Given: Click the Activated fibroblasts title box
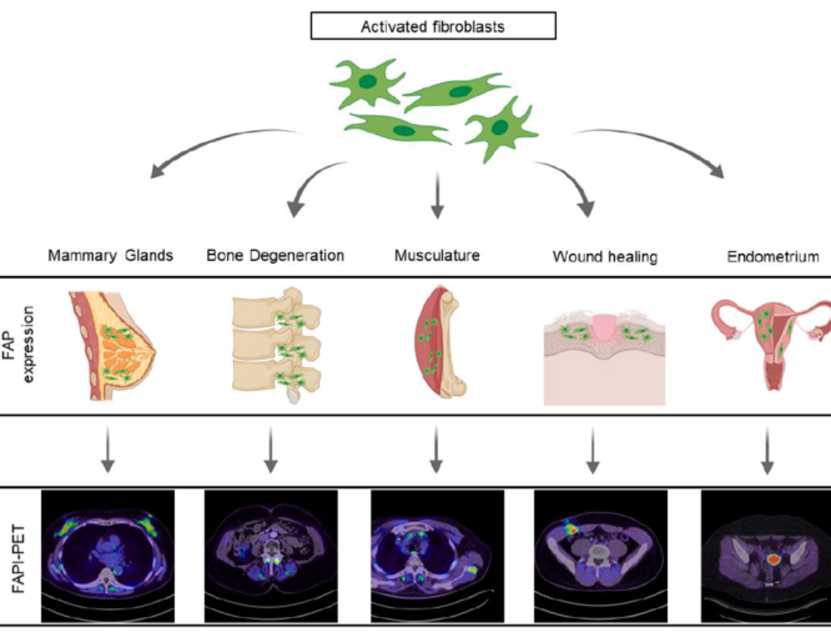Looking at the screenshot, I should (432, 27).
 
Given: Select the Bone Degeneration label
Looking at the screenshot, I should (275, 255).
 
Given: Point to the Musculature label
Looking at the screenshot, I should (437, 255).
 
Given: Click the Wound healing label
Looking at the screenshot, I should (604, 257).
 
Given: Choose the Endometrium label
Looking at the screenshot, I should (772, 257).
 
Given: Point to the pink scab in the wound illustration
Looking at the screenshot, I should (604, 325).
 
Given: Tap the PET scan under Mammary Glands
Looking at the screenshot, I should (107, 556).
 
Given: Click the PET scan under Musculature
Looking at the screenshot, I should (437, 556).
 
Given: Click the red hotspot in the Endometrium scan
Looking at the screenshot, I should (772, 560).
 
